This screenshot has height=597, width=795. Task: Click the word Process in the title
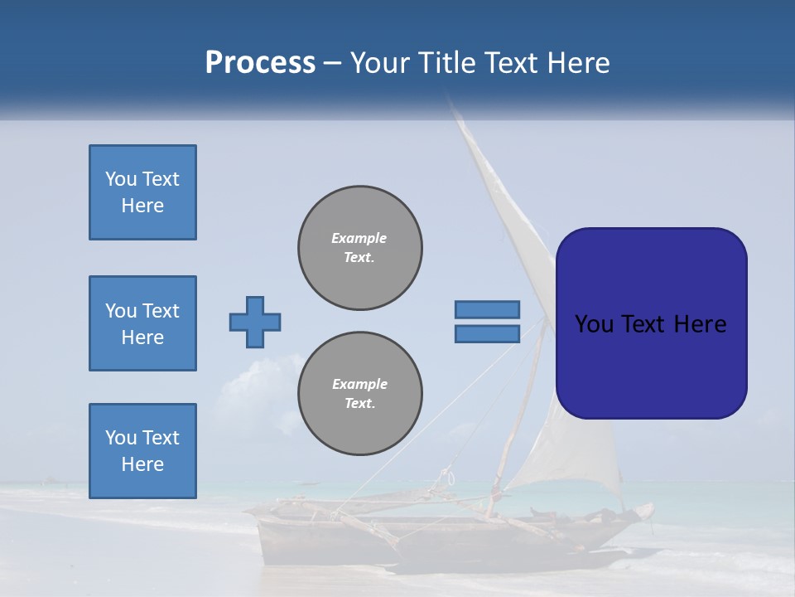[x=260, y=63]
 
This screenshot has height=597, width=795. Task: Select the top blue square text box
[x=142, y=192]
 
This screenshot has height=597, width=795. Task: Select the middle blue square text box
[x=142, y=323]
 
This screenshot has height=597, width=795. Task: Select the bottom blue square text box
[x=142, y=451]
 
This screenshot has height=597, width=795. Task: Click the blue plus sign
[x=255, y=322]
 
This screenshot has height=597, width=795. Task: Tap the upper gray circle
[x=360, y=247]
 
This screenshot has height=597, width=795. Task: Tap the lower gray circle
[x=360, y=394]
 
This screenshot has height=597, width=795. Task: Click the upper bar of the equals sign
[x=488, y=309]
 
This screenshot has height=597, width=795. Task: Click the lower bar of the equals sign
[x=488, y=333]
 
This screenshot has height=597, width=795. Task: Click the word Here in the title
[x=576, y=63]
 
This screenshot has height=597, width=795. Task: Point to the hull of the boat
[x=447, y=539]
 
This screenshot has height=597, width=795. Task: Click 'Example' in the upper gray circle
[x=359, y=238]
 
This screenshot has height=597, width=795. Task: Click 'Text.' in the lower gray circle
[x=359, y=404]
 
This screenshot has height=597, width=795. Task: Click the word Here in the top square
[x=142, y=206]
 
